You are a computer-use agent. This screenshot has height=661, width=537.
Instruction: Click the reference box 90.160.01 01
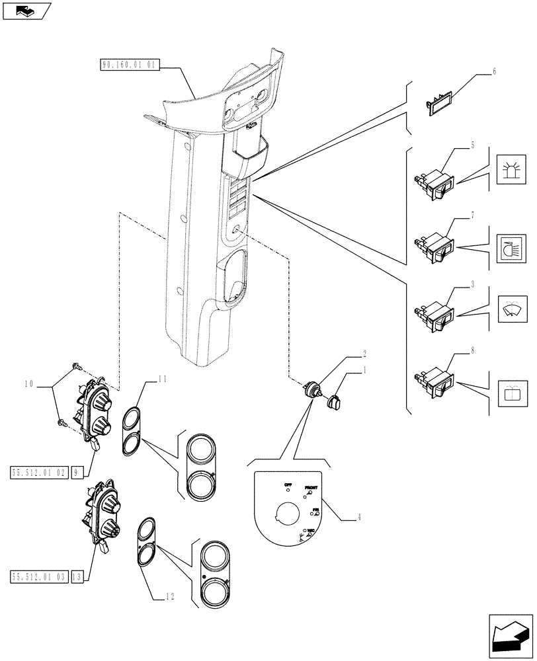[x=130, y=65]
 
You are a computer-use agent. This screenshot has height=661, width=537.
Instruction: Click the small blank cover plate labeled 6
[x=438, y=104]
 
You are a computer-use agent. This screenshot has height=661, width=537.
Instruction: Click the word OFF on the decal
[x=288, y=485]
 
